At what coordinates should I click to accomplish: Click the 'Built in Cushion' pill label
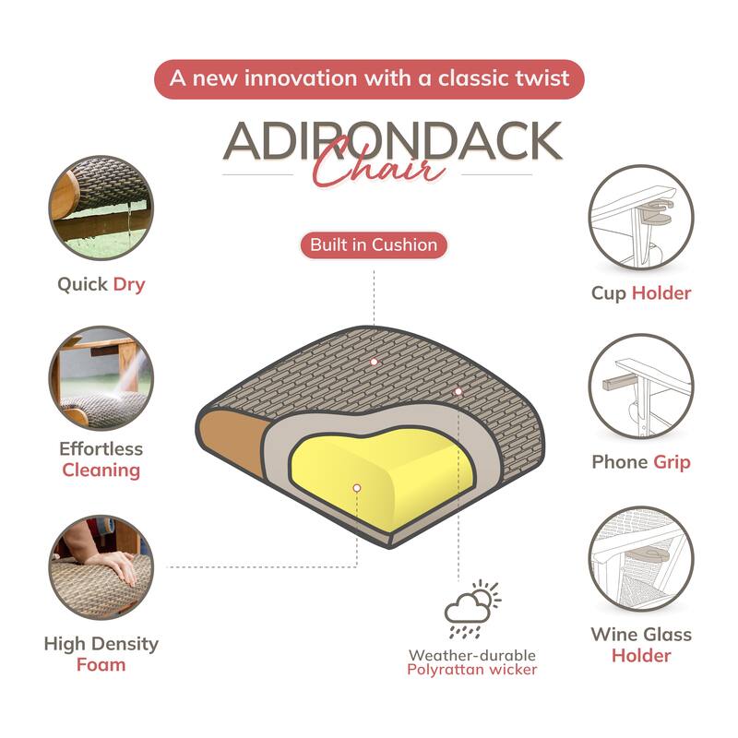coord(374,244)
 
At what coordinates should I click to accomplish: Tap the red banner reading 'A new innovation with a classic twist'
coord(369,78)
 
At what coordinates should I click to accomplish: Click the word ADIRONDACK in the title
coord(393,141)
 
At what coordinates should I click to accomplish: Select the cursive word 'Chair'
coord(379,166)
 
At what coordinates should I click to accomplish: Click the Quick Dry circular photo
coord(101,208)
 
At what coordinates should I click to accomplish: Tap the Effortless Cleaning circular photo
coord(101,377)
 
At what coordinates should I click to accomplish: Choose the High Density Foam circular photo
coord(101,567)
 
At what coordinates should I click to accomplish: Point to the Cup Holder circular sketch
coord(641,217)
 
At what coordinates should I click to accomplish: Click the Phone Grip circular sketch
coord(641,387)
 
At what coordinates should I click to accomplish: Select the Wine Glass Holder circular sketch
coord(641,559)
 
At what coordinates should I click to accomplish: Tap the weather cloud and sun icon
coord(472,609)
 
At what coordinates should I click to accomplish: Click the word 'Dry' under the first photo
coord(129,285)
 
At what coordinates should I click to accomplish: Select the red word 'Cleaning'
coord(101,470)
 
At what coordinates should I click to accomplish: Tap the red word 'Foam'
coord(101,664)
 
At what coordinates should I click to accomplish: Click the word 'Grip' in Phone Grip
coord(672,463)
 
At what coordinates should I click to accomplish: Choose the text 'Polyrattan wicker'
coord(471,670)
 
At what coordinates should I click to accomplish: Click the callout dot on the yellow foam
coord(357,488)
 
